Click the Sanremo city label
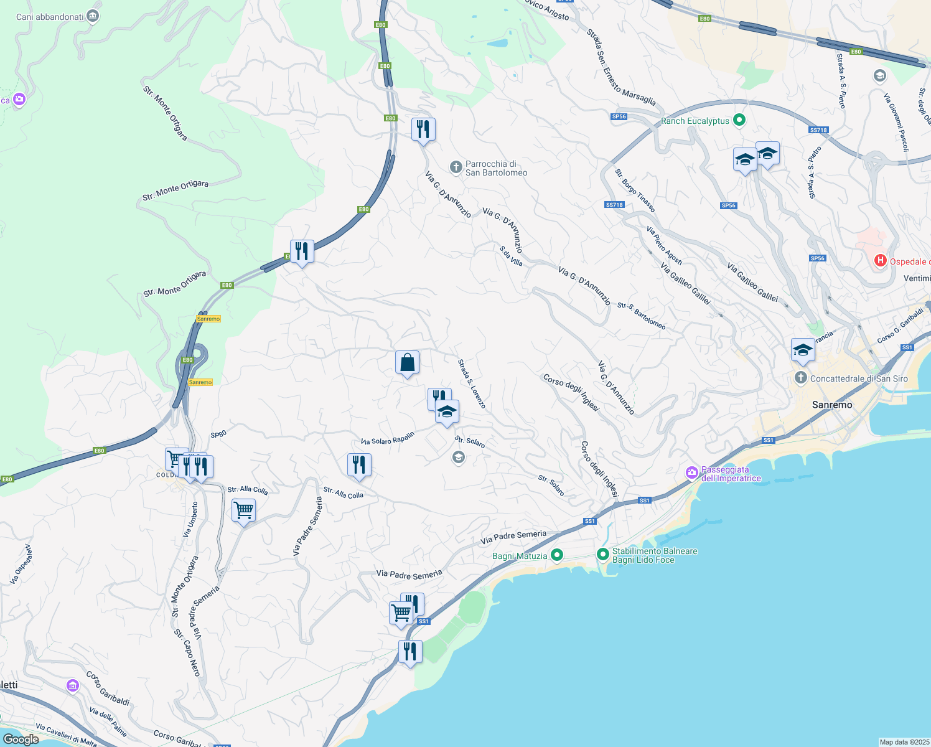[832, 405]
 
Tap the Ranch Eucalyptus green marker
[739, 120]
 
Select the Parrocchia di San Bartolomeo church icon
[456, 167]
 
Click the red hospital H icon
[880, 261]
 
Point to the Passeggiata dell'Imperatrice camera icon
[692, 474]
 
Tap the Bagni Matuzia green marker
[557, 555]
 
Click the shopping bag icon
[407, 362]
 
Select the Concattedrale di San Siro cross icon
[800, 378]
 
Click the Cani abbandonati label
[50, 17]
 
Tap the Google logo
[21, 739]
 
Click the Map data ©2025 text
[904, 742]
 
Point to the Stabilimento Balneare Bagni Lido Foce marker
[602, 553]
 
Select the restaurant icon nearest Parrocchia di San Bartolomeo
[423, 129]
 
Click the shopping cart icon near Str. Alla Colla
[243, 511]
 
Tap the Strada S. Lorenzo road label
[471, 383]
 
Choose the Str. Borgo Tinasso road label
[635, 190]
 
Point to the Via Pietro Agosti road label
[664, 245]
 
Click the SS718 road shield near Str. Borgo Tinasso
[614, 205]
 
